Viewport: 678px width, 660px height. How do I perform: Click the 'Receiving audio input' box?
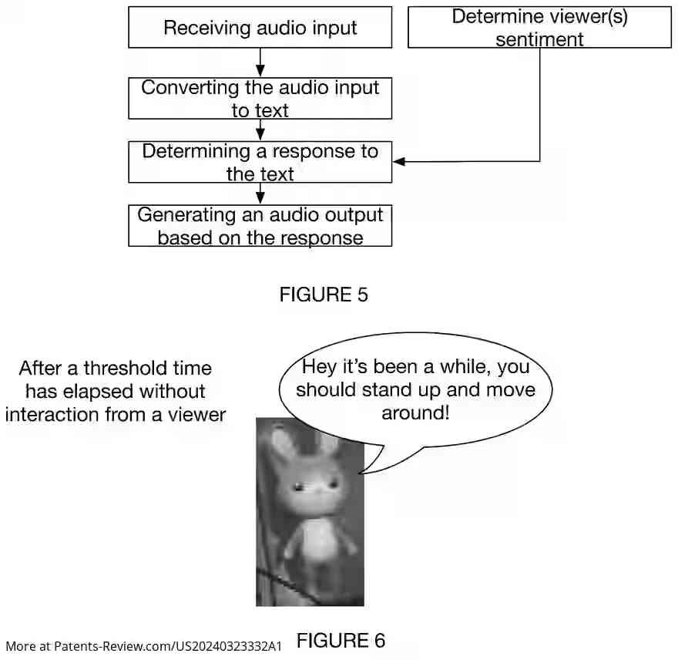pyautogui.click(x=260, y=29)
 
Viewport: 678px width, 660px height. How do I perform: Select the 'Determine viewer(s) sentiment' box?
pyautogui.click(x=539, y=28)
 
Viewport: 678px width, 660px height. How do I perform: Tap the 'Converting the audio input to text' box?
pyautogui.click(x=260, y=99)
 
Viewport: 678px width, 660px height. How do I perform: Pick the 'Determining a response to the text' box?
pyautogui.click(x=260, y=162)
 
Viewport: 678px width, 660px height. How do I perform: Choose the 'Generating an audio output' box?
pyautogui.click(x=260, y=225)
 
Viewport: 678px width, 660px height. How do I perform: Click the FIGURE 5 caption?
pyautogui.click(x=323, y=295)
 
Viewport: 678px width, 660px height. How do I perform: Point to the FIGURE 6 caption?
pyautogui.click(x=341, y=641)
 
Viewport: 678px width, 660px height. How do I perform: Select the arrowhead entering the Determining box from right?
pyautogui.click(x=399, y=161)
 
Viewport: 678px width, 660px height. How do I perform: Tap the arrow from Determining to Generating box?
pyautogui.click(x=260, y=194)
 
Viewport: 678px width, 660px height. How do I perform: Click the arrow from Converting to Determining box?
pyautogui.click(x=260, y=130)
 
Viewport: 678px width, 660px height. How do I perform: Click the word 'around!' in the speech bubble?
pyautogui.click(x=415, y=412)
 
